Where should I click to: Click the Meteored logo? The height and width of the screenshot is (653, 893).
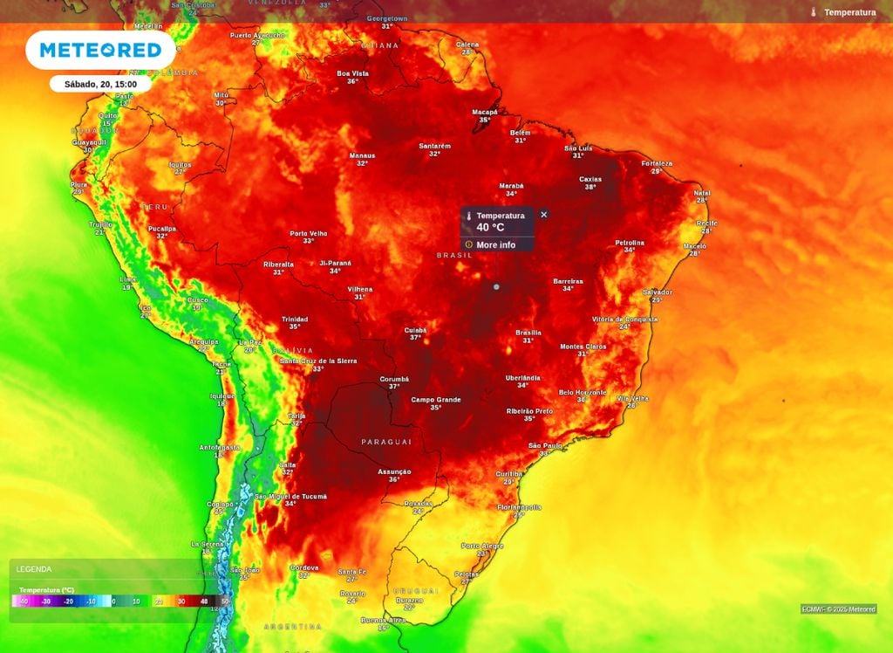click(x=100, y=50)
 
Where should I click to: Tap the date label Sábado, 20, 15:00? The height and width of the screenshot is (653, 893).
click(x=100, y=85)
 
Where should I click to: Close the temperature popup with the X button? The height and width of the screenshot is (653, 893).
click(x=544, y=215)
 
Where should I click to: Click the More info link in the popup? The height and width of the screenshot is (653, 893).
click(x=495, y=245)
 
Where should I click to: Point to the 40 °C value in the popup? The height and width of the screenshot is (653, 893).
click(x=490, y=228)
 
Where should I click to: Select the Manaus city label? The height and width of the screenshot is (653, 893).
click(x=362, y=155)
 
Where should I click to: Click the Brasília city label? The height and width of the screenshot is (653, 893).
click(x=528, y=333)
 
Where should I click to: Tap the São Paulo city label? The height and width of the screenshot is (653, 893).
click(x=545, y=445)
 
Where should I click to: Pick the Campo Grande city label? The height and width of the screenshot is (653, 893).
click(x=436, y=399)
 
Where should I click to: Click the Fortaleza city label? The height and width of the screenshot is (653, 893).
click(x=657, y=163)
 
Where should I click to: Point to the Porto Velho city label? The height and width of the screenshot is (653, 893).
click(x=309, y=233)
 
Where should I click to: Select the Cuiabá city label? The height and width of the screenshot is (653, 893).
click(x=415, y=330)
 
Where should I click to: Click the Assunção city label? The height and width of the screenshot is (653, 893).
click(x=394, y=471)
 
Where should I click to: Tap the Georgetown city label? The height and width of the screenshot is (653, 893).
click(x=387, y=18)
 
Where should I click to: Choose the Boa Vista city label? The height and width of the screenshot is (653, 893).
click(x=353, y=73)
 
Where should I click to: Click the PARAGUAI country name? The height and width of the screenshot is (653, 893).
click(x=385, y=442)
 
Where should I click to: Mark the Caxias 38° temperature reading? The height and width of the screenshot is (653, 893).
click(x=590, y=187)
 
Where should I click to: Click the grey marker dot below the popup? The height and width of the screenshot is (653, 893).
click(x=496, y=286)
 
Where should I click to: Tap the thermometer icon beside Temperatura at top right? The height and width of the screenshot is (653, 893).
click(x=814, y=12)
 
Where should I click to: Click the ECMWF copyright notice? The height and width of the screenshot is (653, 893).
click(x=839, y=609)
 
